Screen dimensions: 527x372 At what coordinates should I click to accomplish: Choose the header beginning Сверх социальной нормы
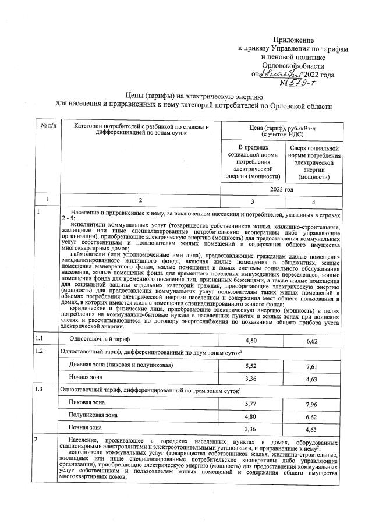[314, 163]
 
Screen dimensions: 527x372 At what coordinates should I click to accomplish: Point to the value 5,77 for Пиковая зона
[251, 402]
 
